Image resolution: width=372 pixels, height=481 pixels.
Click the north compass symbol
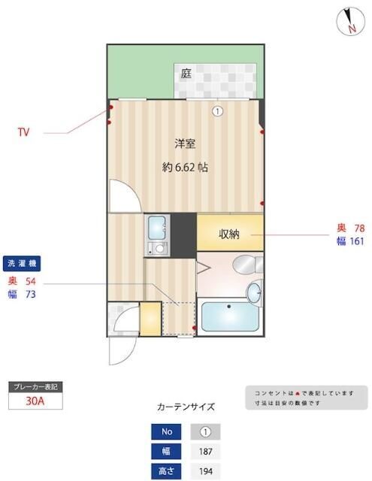[349, 21]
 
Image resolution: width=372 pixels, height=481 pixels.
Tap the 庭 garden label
[185, 74]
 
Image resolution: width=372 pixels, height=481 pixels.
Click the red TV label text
[24, 132]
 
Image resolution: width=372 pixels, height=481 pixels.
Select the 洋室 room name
[186, 143]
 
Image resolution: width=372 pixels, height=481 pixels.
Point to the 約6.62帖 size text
[186, 168]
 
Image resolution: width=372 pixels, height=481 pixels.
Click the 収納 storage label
[229, 234]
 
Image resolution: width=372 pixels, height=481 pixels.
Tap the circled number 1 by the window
[217, 111]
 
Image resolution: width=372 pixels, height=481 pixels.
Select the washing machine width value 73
[31, 295]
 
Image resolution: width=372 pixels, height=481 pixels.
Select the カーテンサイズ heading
[186, 407]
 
